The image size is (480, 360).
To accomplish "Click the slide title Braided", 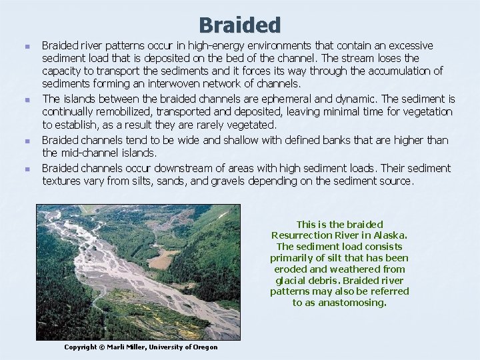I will [240, 25].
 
